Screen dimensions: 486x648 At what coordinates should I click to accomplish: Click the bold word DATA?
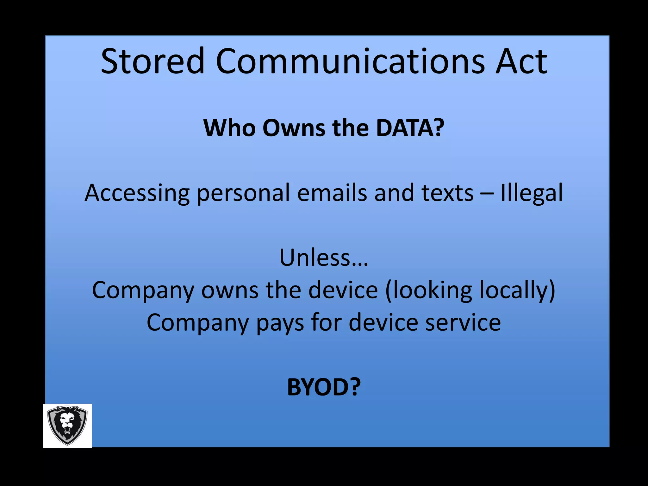pos(410,128)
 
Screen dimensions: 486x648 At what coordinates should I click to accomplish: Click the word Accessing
pos(137,193)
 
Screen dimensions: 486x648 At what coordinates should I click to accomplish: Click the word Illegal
pos(532,193)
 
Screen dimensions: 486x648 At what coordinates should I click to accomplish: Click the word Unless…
pos(324,258)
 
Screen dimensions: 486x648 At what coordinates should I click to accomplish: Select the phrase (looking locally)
pos(470,290)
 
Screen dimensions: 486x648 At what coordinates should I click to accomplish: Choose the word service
pos(463,323)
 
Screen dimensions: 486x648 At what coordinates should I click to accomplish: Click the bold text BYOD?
pos(324,387)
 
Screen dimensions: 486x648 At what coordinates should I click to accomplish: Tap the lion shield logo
pos(67,425)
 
